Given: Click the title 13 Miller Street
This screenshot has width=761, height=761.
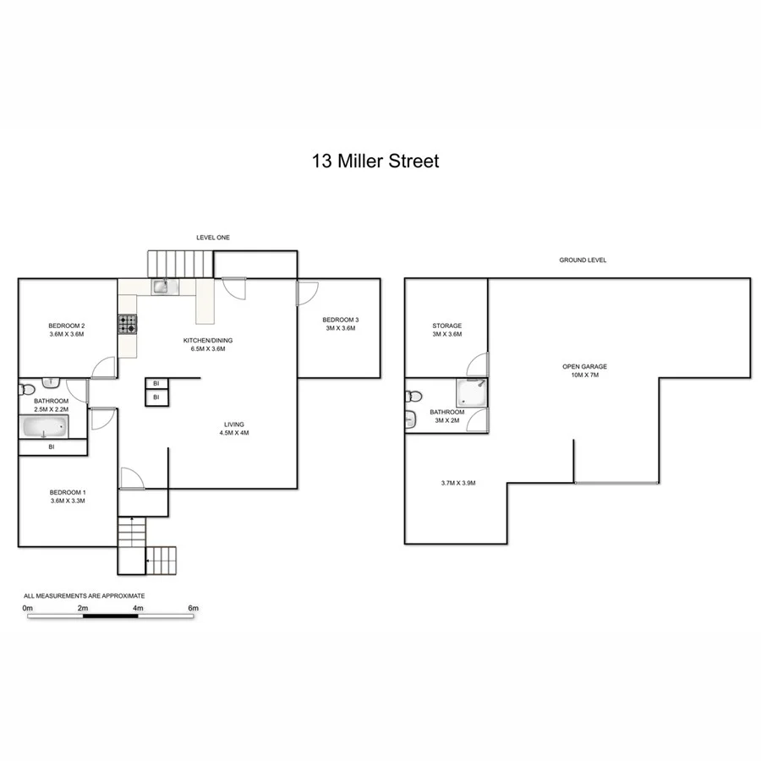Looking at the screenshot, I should pos(375,161).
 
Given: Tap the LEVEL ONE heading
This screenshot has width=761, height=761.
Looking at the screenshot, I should pos(212,238).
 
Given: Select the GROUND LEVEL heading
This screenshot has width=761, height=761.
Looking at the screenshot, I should pos(583,260).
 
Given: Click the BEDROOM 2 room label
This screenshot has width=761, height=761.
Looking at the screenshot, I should pos(66,326).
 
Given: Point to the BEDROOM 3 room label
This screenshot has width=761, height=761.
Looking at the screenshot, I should pos(341,320).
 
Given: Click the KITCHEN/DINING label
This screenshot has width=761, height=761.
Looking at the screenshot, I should pos(208,341).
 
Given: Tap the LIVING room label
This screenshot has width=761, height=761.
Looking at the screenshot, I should pos(234,424).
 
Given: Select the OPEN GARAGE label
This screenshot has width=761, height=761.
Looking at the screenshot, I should pos(585,366).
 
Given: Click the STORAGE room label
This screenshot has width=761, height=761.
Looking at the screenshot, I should pos(446,326).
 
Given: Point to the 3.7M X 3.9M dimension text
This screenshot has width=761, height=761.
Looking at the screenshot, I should pos(458,483).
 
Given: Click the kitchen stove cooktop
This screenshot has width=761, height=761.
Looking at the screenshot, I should pos(127,323).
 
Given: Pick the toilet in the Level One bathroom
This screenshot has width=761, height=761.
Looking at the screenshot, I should pos(25,389).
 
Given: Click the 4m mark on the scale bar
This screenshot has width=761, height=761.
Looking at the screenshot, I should pos(138,608).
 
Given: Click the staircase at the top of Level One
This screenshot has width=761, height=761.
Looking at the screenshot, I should pos(180,263).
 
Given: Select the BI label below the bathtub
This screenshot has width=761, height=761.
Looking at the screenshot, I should pos(52,446).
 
